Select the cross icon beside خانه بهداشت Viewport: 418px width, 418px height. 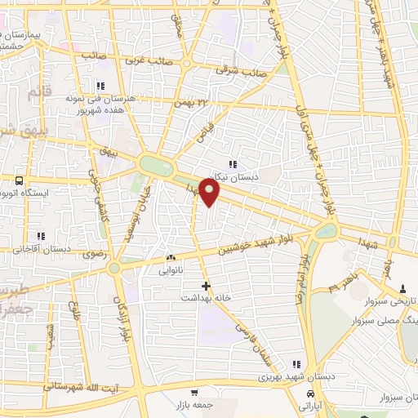[x=205, y=287]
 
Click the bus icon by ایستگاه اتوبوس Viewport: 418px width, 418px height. [x=19, y=180]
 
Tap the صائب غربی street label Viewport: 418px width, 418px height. [x=147, y=61]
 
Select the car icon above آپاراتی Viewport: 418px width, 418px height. [x=309, y=393]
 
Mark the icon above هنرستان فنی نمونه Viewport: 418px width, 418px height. [x=100, y=86]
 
